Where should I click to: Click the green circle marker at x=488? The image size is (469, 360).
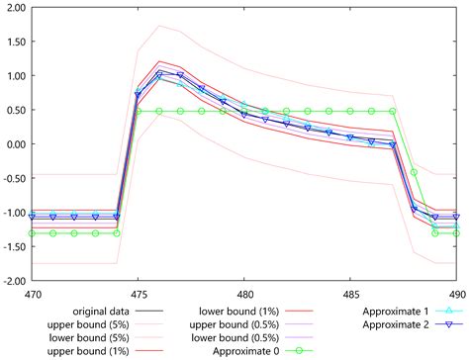414,172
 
